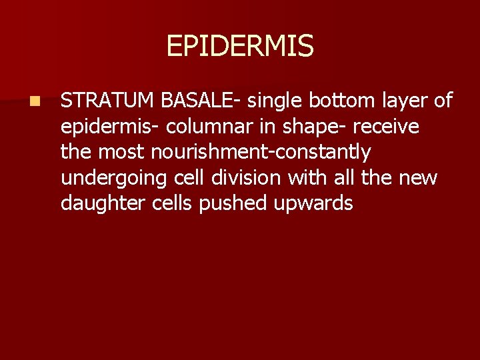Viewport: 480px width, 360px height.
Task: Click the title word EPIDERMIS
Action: (239, 46)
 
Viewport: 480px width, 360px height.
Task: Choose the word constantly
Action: (328, 153)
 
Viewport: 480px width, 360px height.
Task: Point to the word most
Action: (122, 153)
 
